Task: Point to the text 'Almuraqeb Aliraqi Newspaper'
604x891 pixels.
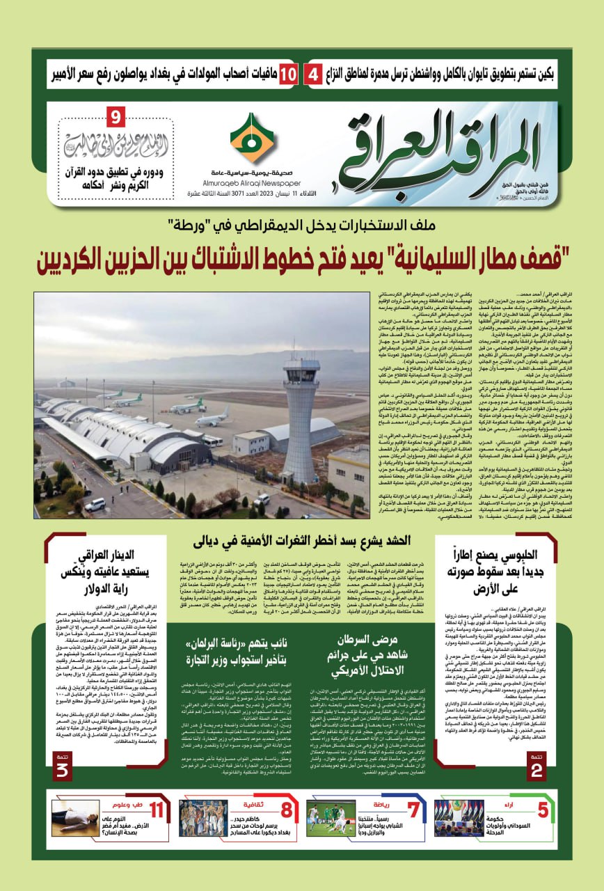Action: coord(253,178)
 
